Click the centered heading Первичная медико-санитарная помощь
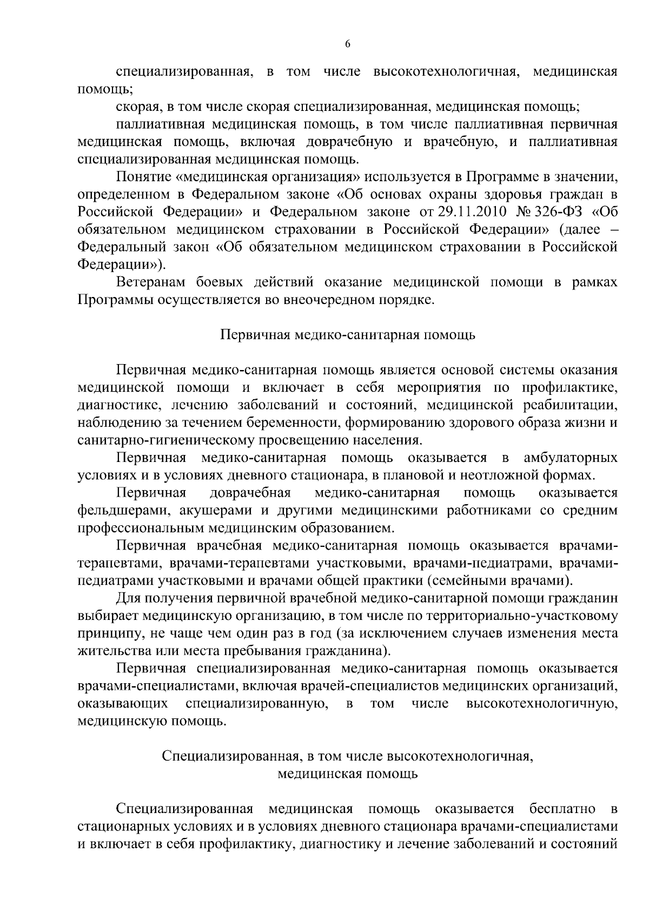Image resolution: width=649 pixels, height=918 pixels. point(348,335)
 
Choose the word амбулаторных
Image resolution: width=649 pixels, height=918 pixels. point(571,458)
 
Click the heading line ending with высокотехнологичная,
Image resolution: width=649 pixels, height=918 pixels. point(348,756)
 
